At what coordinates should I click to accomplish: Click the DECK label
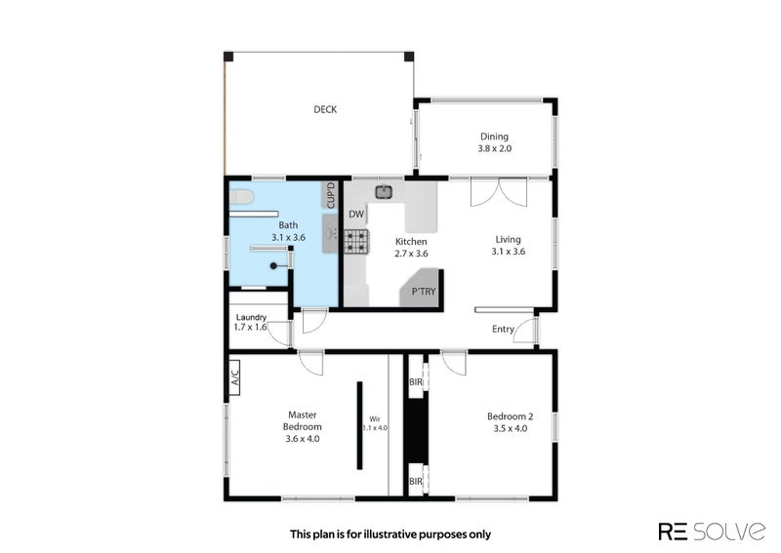[x=325, y=109]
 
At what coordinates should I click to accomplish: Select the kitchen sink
[x=384, y=191]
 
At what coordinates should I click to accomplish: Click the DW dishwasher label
[x=356, y=214]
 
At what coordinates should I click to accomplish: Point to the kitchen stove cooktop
[x=356, y=241]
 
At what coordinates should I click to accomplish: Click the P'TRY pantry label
[x=424, y=292]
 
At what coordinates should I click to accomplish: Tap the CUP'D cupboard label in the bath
[x=331, y=195]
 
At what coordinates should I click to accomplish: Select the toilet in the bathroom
[x=241, y=197]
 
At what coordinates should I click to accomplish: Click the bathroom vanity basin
[x=330, y=233]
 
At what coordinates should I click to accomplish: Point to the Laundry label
[x=251, y=317]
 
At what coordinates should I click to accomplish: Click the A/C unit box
[x=234, y=377]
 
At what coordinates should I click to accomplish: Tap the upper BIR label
[x=416, y=382]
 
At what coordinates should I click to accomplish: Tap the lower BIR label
[x=416, y=482]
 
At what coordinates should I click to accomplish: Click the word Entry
[x=503, y=329]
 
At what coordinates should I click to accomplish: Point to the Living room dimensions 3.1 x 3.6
[x=508, y=252]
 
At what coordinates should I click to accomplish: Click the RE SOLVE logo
[x=712, y=532]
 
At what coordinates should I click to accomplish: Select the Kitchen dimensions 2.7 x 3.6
[x=411, y=254]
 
